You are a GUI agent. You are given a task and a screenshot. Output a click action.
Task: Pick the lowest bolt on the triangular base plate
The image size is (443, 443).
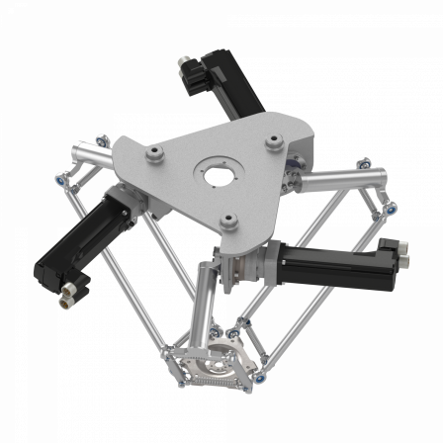tap(228, 221)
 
